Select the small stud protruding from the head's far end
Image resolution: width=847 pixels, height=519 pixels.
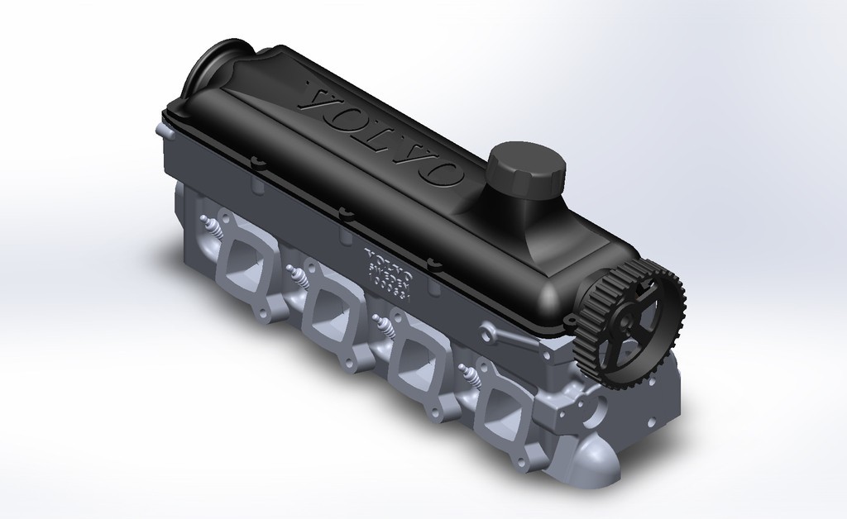click(x=157, y=130)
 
